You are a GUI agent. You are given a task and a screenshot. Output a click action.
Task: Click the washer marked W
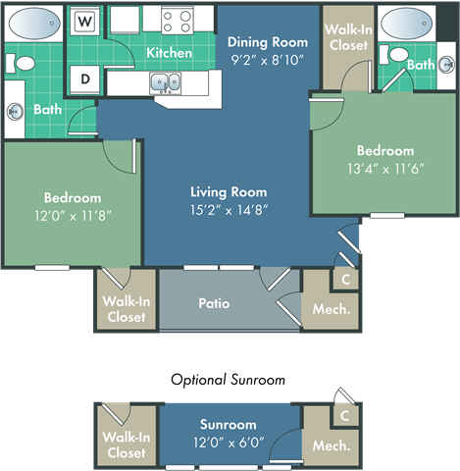[85, 21]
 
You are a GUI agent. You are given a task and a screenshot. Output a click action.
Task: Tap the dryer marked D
[85, 78]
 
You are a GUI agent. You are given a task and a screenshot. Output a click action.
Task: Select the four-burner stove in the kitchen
[178, 19]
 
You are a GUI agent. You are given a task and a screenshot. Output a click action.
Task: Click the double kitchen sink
[165, 83]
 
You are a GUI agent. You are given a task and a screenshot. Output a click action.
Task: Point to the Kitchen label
[169, 52]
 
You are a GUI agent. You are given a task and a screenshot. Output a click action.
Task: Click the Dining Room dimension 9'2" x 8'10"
[267, 60]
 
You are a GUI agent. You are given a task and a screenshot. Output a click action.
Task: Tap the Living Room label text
[228, 192]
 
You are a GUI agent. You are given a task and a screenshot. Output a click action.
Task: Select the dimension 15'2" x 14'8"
[228, 209]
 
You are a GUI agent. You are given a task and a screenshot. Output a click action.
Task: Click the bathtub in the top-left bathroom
[35, 22]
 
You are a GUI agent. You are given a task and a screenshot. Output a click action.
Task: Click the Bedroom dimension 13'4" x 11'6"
[384, 168]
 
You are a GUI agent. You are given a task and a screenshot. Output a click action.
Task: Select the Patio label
[214, 303]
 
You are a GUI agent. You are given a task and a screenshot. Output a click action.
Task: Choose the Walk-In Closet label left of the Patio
[125, 309]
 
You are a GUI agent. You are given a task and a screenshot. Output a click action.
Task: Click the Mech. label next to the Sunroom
[331, 445]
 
